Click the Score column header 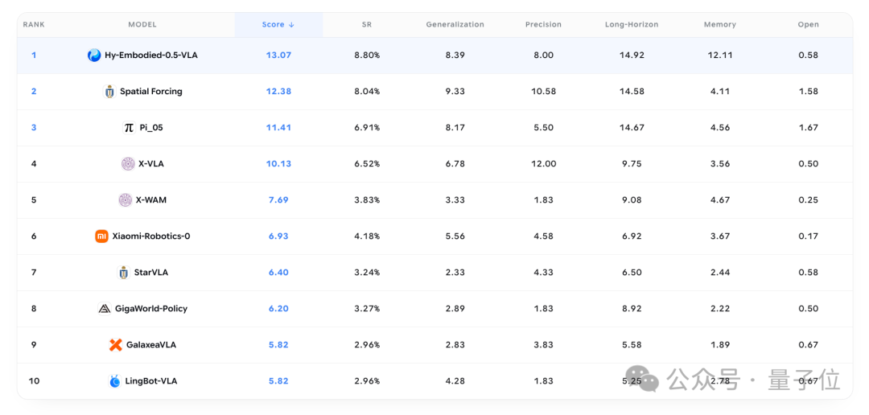278,24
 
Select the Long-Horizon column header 632,24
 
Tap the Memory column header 720,24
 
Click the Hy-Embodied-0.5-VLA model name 150,55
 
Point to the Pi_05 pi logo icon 129,127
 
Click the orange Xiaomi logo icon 101,236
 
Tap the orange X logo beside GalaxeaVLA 115,345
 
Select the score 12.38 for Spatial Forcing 278,92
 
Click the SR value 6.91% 367,127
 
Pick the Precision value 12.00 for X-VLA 543,163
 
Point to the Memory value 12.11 720,55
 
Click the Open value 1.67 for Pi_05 808,127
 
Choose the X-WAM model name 150,200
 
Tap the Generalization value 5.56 455,236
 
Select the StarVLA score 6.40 278,272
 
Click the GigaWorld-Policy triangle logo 104,309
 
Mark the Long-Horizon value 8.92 632,309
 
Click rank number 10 34,381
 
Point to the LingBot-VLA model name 150,381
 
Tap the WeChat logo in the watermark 645,379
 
